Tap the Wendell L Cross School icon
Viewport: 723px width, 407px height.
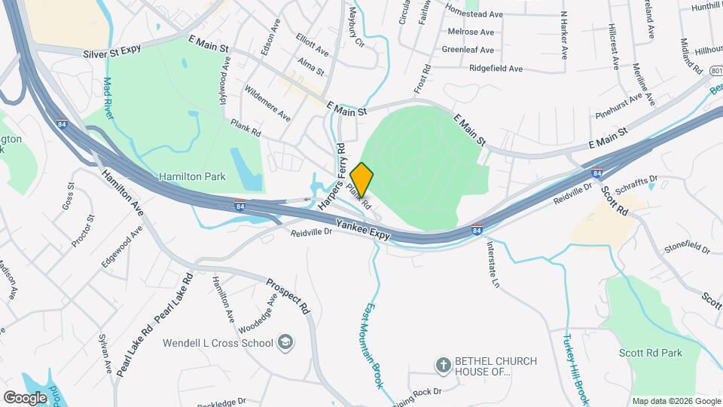coord(285,343)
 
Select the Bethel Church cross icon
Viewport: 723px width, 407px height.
coord(444,366)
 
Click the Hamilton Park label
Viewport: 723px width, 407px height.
coord(192,176)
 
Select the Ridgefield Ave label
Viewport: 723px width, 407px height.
coord(496,69)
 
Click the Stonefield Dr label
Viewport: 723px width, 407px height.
coord(686,248)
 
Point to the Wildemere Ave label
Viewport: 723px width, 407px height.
coord(267,103)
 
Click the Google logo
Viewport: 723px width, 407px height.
coord(26,396)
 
